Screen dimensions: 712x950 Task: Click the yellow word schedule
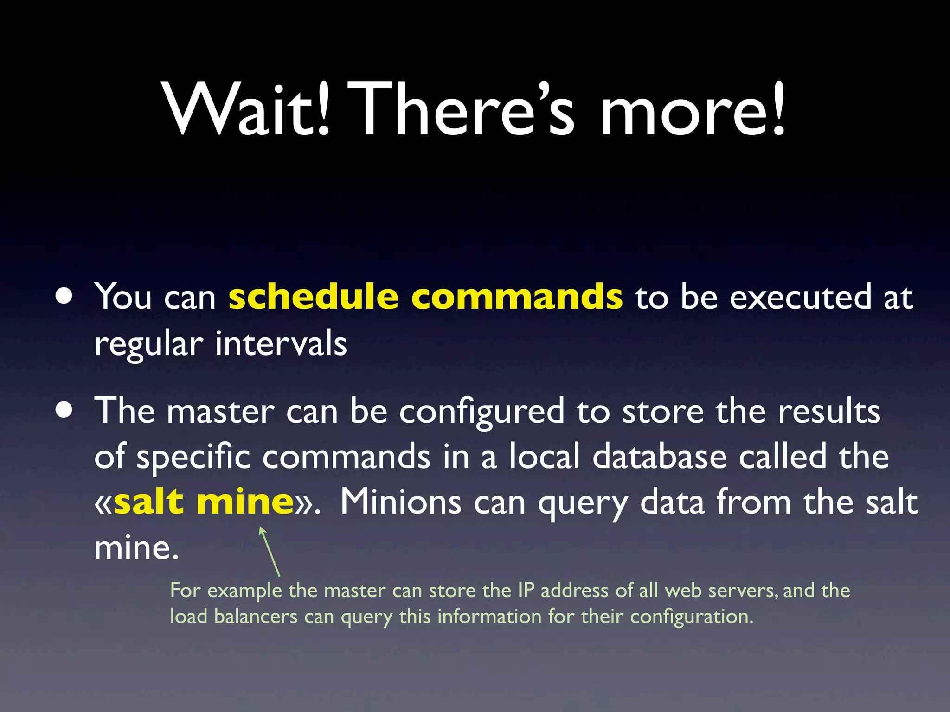(x=314, y=297)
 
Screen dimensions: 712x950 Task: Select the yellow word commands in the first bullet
(x=517, y=297)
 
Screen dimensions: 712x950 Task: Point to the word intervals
(x=281, y=344)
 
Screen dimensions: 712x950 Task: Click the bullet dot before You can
(x=64, y=296)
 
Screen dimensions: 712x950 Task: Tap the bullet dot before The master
(x=64, y=410)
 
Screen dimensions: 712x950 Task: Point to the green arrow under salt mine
(x=270, y=552)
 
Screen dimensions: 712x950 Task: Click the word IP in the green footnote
(x=526, y=591)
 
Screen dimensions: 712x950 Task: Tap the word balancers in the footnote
(x=256, y=617)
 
